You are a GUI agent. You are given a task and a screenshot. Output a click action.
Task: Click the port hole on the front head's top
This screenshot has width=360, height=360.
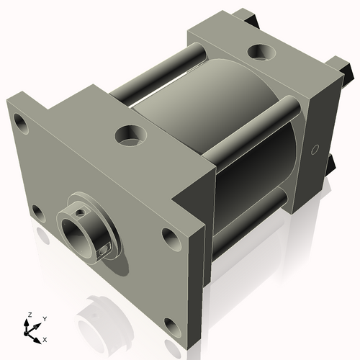[x=130, y=134]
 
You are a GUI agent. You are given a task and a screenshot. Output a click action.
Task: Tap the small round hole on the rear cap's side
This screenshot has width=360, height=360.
[x=314, y=150]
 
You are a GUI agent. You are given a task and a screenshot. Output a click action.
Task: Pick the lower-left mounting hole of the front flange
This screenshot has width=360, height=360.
[x=37, y=212]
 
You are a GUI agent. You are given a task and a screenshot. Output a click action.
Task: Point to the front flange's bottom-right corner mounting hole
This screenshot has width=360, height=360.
[x=171, y=325]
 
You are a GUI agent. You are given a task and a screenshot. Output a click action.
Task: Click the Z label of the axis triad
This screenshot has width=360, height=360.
[x=29, y=315]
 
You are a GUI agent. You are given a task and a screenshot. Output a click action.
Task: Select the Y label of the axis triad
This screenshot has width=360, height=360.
[x=44, y=318]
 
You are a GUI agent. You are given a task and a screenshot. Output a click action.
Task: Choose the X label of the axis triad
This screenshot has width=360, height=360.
[x=45, y=338]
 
